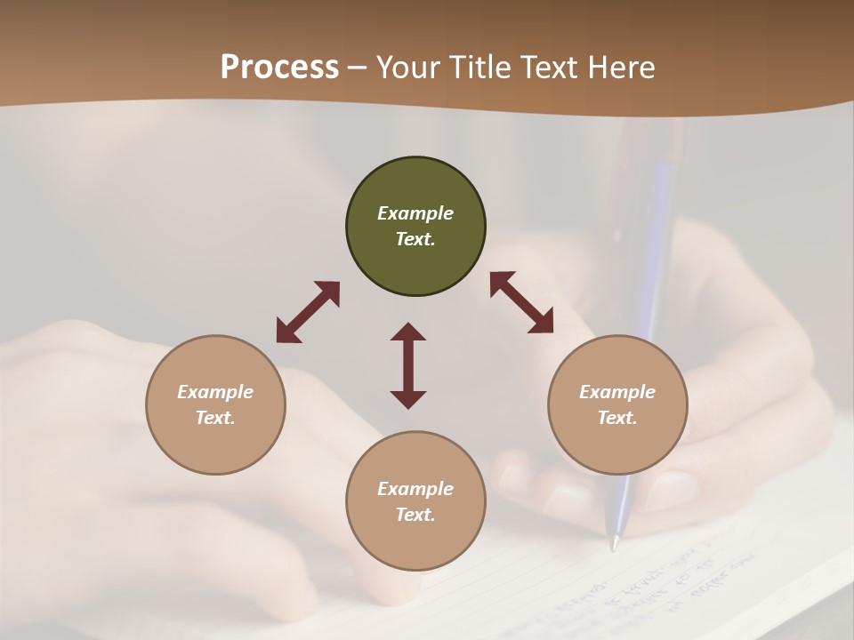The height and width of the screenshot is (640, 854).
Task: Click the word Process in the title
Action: click(x=279, y=68)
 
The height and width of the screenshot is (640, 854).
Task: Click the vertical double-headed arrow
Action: click(x=408, y=365)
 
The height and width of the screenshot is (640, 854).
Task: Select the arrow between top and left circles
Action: click(x=308, y=312)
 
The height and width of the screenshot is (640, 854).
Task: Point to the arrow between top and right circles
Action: click(x=521, y=302)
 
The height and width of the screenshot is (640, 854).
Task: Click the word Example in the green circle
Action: click(x=415, y=213)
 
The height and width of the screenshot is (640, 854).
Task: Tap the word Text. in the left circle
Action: click(x=215, y=418)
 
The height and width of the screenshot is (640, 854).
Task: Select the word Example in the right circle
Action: click(x=617, y=392)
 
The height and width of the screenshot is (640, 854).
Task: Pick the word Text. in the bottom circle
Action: click(x=415, y=515)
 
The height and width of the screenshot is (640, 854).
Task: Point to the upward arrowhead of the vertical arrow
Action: click(x=408, y=332)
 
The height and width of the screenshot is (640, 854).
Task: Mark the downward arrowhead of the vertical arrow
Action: click(x=408, y=399)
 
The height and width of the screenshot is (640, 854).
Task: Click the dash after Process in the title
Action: click(x=358, y=68)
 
